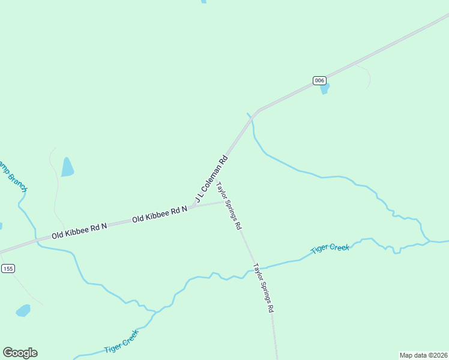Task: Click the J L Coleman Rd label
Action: point(211,178)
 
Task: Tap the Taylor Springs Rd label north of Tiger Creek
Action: point(229,206)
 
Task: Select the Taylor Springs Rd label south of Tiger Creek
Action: point(264,288)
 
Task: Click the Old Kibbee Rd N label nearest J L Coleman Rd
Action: point(160,214)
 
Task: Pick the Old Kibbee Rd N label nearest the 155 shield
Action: point(79,230)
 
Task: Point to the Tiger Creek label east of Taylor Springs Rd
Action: point(330,247)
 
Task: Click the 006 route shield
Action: point(319,80)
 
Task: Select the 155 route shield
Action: point(7,268)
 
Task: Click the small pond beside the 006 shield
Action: point(325,89)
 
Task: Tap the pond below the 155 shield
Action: point(23,310)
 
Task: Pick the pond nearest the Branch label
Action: point(67,167)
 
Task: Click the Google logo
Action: point(20,353)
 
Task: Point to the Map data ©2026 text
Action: point(423,355)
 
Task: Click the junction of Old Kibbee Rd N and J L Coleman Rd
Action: point(193,206)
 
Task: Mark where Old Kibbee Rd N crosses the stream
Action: point(37,241)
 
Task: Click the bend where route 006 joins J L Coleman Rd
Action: point(258,110)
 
